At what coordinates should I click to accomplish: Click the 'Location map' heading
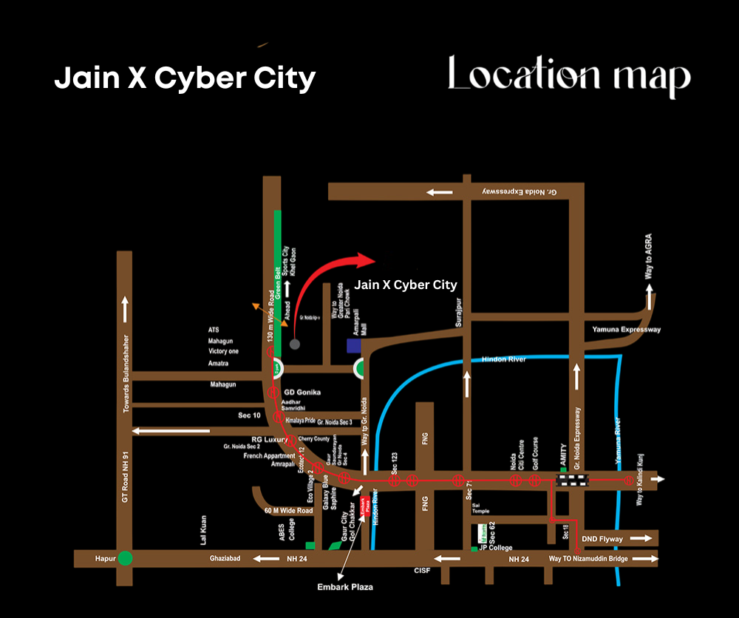tap(569, 77)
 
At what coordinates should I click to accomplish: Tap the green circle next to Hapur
tap(126, 558)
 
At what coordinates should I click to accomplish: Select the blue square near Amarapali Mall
tap(354, 345)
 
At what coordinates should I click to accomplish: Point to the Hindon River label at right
tap(504, 359)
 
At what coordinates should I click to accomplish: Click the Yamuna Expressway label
tap(627, 329)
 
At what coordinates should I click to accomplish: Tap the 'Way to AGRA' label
tap(648, 258)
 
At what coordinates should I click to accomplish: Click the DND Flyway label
tap(603, 539)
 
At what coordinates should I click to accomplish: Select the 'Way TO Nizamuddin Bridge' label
tap(588, 559)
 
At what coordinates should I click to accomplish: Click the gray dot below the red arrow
tap(295, 344)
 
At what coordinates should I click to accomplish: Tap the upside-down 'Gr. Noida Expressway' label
tap(518, 191)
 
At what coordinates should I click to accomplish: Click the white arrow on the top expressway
tap(439, 192)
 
